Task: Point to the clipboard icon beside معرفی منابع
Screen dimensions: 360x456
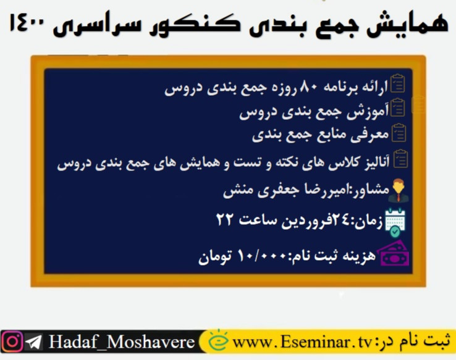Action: pyautogui.click(x=399, y=133)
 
